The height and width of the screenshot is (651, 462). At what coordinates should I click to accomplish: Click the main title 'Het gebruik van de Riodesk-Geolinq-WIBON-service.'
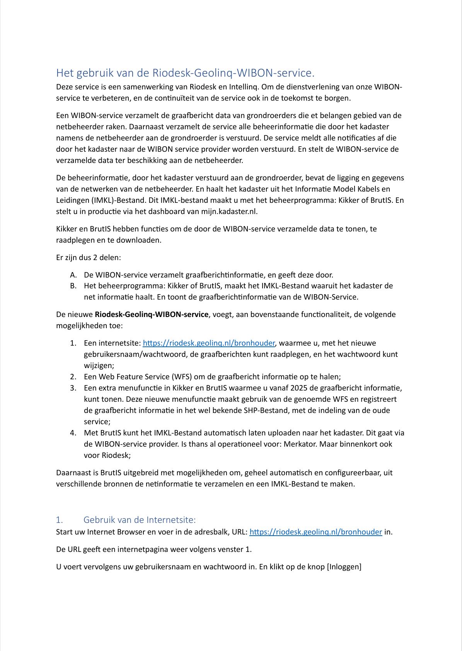(x=186, y=73)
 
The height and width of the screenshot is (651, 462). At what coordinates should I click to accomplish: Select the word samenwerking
(x=131, y=87)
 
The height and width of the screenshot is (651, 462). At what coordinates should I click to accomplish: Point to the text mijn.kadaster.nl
(x=229, y=211)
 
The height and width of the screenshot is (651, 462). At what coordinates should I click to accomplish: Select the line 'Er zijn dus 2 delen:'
(x=89, y=257)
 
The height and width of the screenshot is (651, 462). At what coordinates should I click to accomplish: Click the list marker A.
(x=73, y=275)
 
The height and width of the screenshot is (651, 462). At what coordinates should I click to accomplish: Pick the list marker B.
(x=73, y=286)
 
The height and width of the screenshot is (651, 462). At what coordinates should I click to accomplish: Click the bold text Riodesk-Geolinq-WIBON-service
(x=152, y=314)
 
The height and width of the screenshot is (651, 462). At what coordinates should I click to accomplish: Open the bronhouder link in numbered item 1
(x=209, y=343)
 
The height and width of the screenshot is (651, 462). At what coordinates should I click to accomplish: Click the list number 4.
(x=73, y=433)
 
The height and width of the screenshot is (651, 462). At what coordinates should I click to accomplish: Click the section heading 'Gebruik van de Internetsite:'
(x=140, y=520)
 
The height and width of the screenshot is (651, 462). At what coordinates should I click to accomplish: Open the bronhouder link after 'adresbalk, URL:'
(x=315, y=532)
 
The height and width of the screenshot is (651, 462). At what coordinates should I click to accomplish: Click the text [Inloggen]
(x=344, y=567)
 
